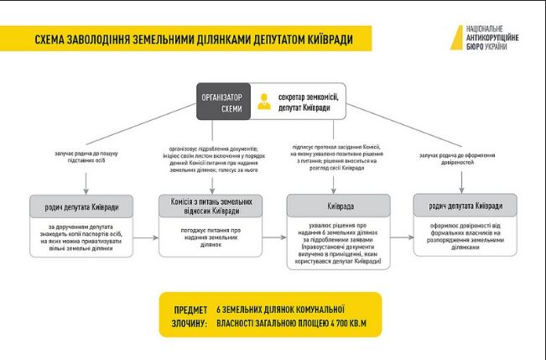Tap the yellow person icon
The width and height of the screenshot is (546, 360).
[x=265, y=102]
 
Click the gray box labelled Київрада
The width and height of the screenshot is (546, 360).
[x=338, y=206]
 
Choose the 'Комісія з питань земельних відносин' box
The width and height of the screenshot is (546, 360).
[x=211, y=206]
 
